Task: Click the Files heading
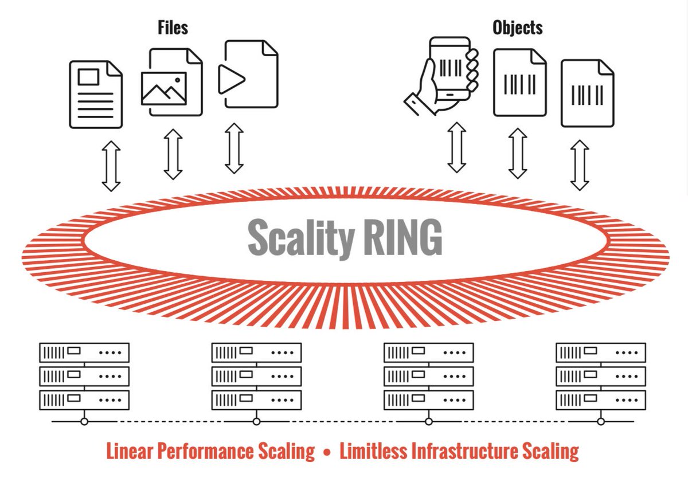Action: click(x=173, y=27)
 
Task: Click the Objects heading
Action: click(x=517, y=28)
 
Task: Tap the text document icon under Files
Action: click(x=96, y=94)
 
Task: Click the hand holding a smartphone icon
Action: click(x=444, y=75)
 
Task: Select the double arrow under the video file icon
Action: click(x=234, y=148)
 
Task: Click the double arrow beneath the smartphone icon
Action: click(x=456, y=147)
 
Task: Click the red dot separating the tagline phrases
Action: click(x=327, y=452)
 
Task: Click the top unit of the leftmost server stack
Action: click(x=84, y=352)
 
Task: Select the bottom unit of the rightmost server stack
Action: click(x=601, y=399)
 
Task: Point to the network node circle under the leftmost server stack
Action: click(x=84, y=421)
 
